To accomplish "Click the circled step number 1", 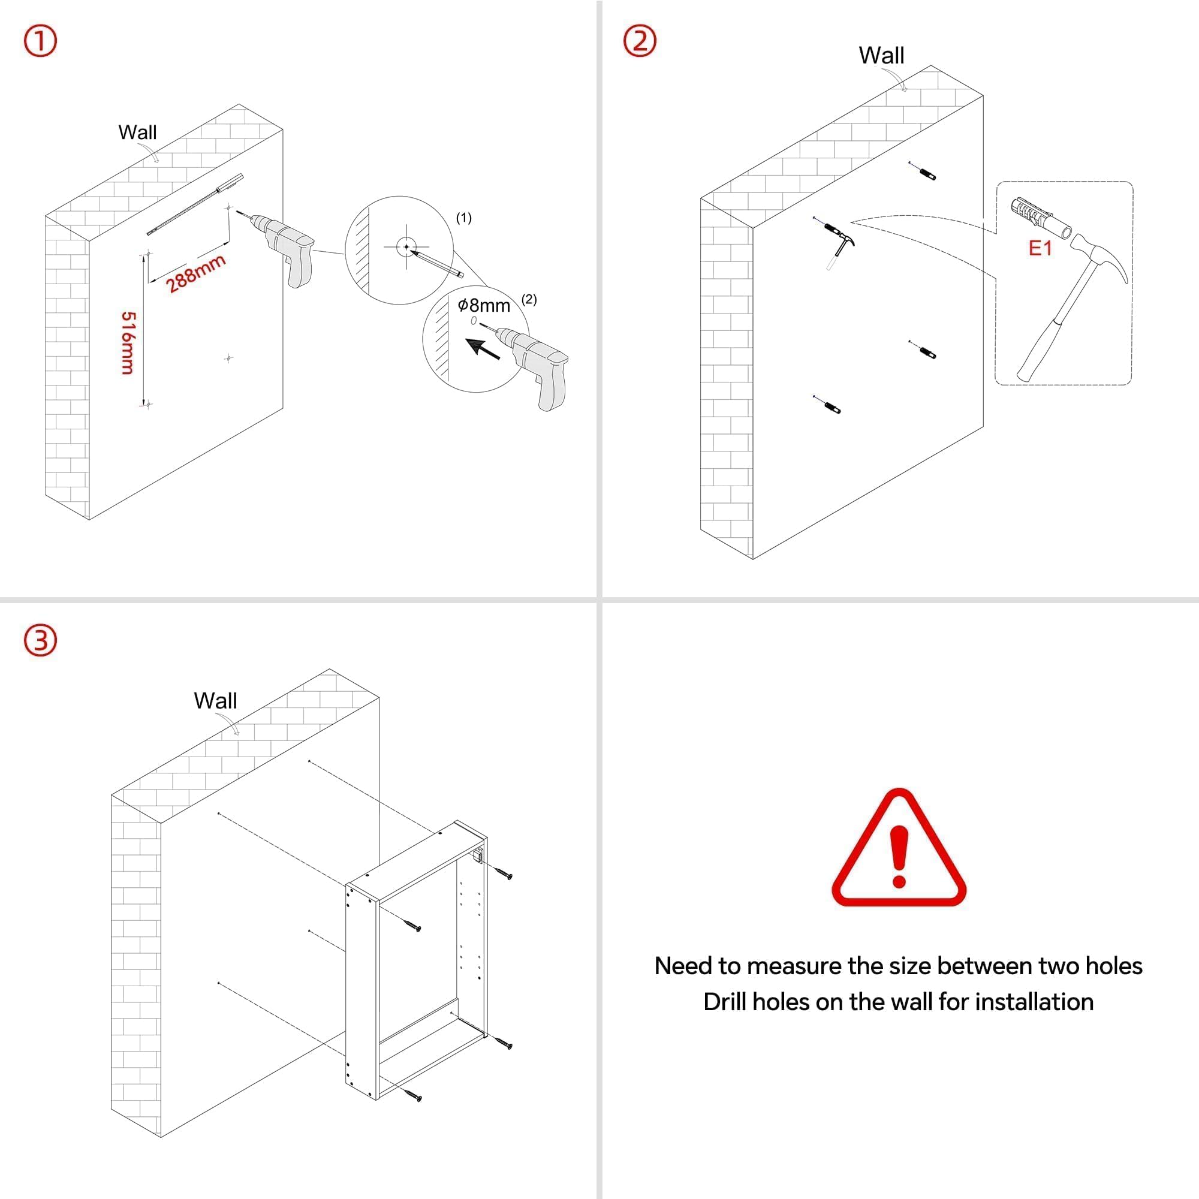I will [40, 41].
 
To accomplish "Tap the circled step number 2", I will [639, 41].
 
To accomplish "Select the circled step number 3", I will [40, 640].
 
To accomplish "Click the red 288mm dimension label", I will [195, 273].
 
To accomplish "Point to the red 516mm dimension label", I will [128, 342].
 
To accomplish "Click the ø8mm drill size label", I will [483, 305].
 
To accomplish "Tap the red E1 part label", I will [1040, 248].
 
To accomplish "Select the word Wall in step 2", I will [881, 56].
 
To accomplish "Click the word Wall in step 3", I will [215, 701].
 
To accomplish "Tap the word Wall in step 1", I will [137, 132].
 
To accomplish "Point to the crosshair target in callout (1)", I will [406, 247].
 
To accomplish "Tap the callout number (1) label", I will [463, 218].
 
